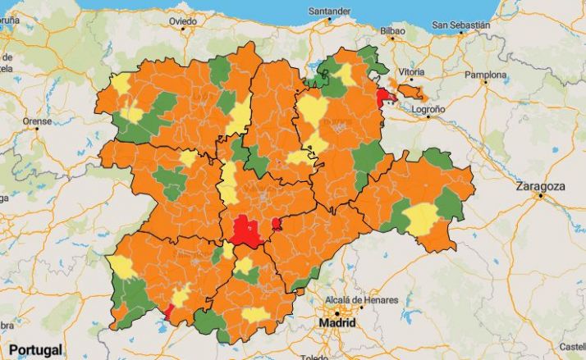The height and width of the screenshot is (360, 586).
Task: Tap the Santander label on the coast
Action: click(x=328, y=11)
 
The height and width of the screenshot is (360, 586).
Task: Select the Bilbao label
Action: click(x=392, y=30)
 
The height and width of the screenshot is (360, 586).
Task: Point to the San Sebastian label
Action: click(x=461, y=25)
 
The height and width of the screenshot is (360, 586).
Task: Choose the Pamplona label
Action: click(x=487, y=75)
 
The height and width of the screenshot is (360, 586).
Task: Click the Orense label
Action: click(x=36, y=121)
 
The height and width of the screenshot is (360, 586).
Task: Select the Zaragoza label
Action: click(x=540, y=186)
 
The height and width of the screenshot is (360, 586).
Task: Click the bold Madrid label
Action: click(x=337, y=323)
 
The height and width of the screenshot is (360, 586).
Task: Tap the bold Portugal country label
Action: click(x=34, y=349)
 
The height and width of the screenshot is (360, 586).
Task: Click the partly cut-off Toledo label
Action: click(x=314, y=357)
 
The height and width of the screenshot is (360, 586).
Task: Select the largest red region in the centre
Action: click(x=245, y=230)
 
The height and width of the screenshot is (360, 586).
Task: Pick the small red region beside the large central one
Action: click(x=277, y=224)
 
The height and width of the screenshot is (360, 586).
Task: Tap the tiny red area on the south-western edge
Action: click(x=168, y=312)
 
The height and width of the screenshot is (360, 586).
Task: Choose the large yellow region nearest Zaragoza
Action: click(x=421, y=218)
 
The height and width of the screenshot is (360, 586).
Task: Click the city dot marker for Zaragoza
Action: click(x=539, y=197)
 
